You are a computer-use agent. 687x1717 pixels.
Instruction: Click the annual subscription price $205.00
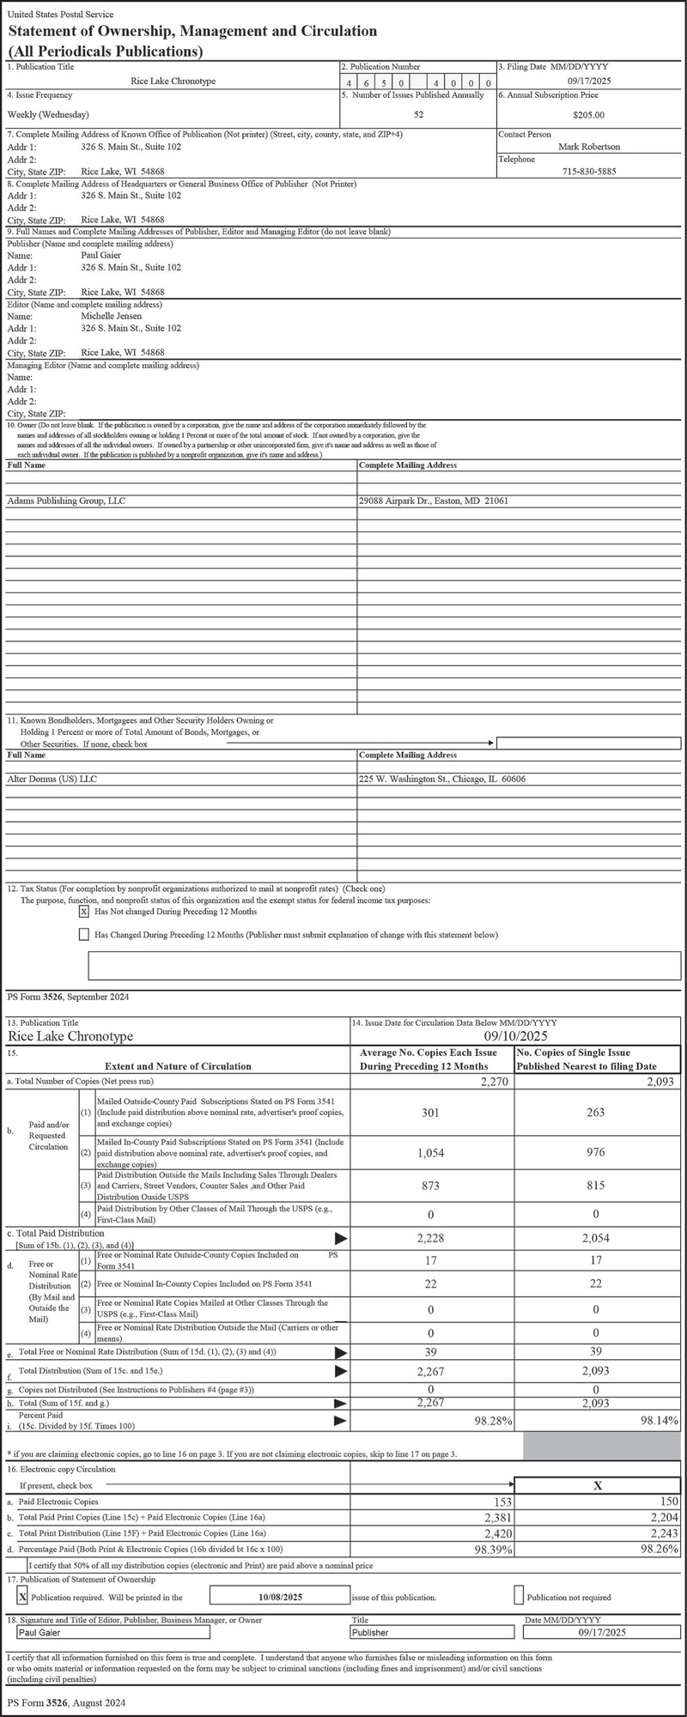(588, 114)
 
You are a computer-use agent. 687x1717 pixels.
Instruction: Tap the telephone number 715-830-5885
(588, 172)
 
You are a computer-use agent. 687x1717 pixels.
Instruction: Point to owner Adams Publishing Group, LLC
(66, 501)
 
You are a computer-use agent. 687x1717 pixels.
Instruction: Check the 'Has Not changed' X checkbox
(84, 912)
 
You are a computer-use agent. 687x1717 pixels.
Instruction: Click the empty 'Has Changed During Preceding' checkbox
(84, 934)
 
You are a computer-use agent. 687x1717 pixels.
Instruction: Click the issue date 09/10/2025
(515, 1036)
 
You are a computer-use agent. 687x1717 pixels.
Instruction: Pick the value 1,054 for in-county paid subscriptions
(430, 1154)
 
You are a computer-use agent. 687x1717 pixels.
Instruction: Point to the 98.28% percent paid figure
(493, 1422)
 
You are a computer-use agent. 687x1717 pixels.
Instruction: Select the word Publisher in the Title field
(371, 1633)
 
